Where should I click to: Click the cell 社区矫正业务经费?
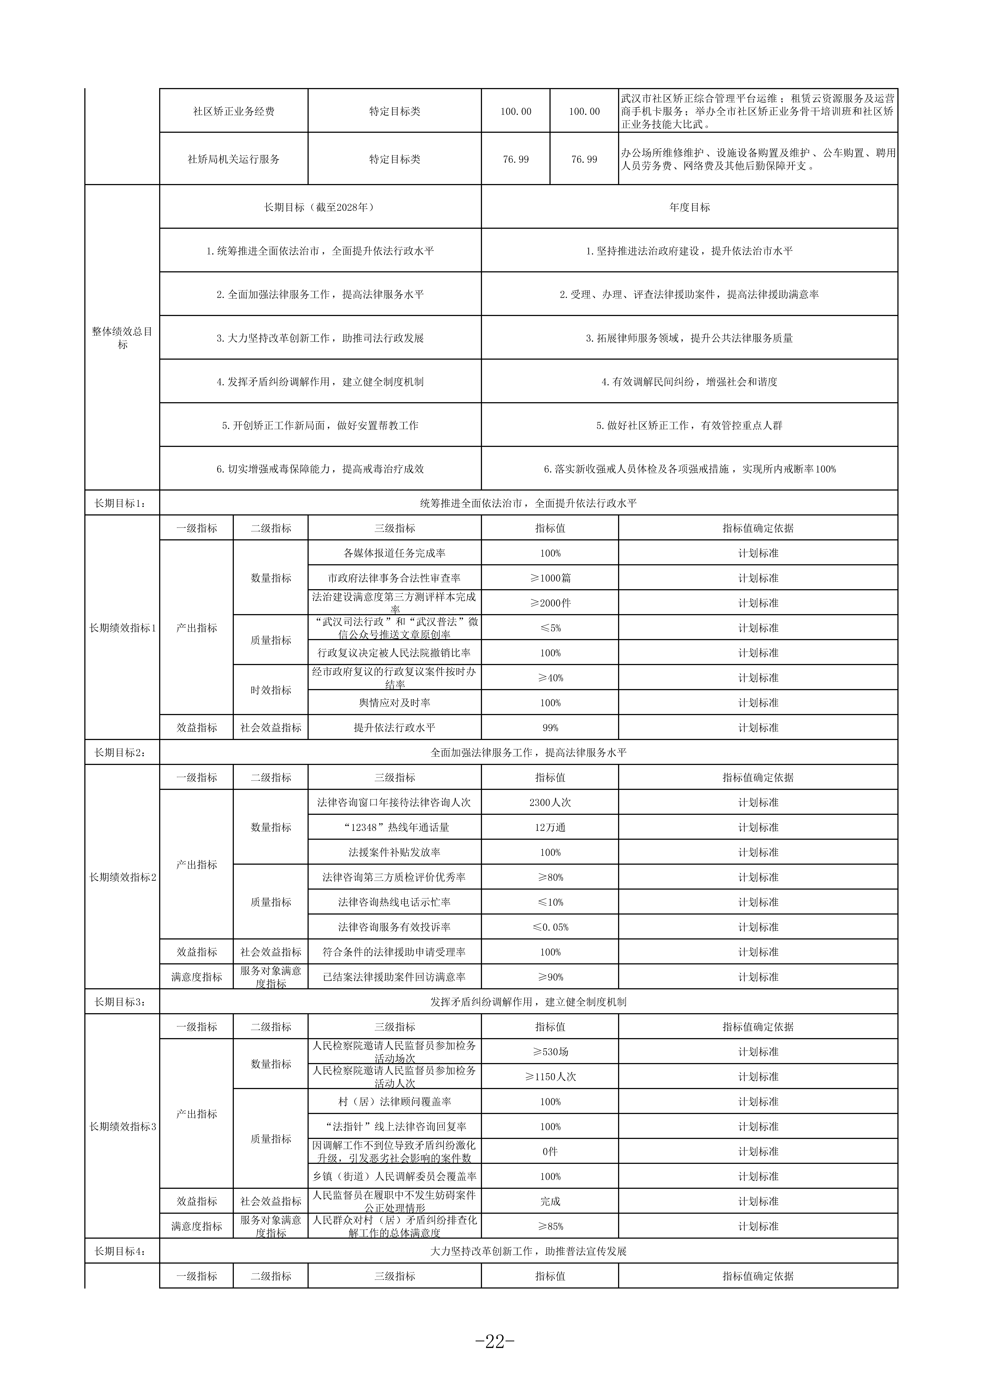234,112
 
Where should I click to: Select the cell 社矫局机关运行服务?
234,159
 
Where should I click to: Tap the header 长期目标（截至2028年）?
320,207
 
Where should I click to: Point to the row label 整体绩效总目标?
122,338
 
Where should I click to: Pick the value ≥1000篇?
550,578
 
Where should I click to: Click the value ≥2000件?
550,603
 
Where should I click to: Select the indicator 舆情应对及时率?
394,703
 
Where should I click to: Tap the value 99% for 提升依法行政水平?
550,728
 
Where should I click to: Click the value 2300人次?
550,803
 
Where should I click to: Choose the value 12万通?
550,827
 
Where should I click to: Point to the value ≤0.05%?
550,927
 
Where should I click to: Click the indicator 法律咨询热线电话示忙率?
394,902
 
